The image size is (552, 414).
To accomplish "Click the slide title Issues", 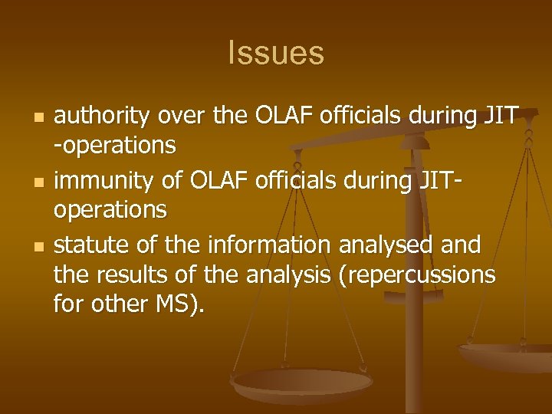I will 276,54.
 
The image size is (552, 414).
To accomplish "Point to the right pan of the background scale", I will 506,354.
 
